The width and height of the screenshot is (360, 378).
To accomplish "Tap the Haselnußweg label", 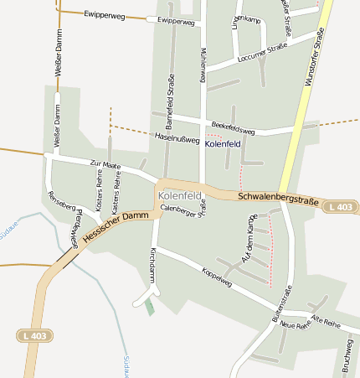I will (177, 136).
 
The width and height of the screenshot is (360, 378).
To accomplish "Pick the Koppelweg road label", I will (217, 277).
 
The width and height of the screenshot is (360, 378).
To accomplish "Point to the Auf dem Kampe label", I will (248, 246).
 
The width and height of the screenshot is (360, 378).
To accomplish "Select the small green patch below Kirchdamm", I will (149, 307).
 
